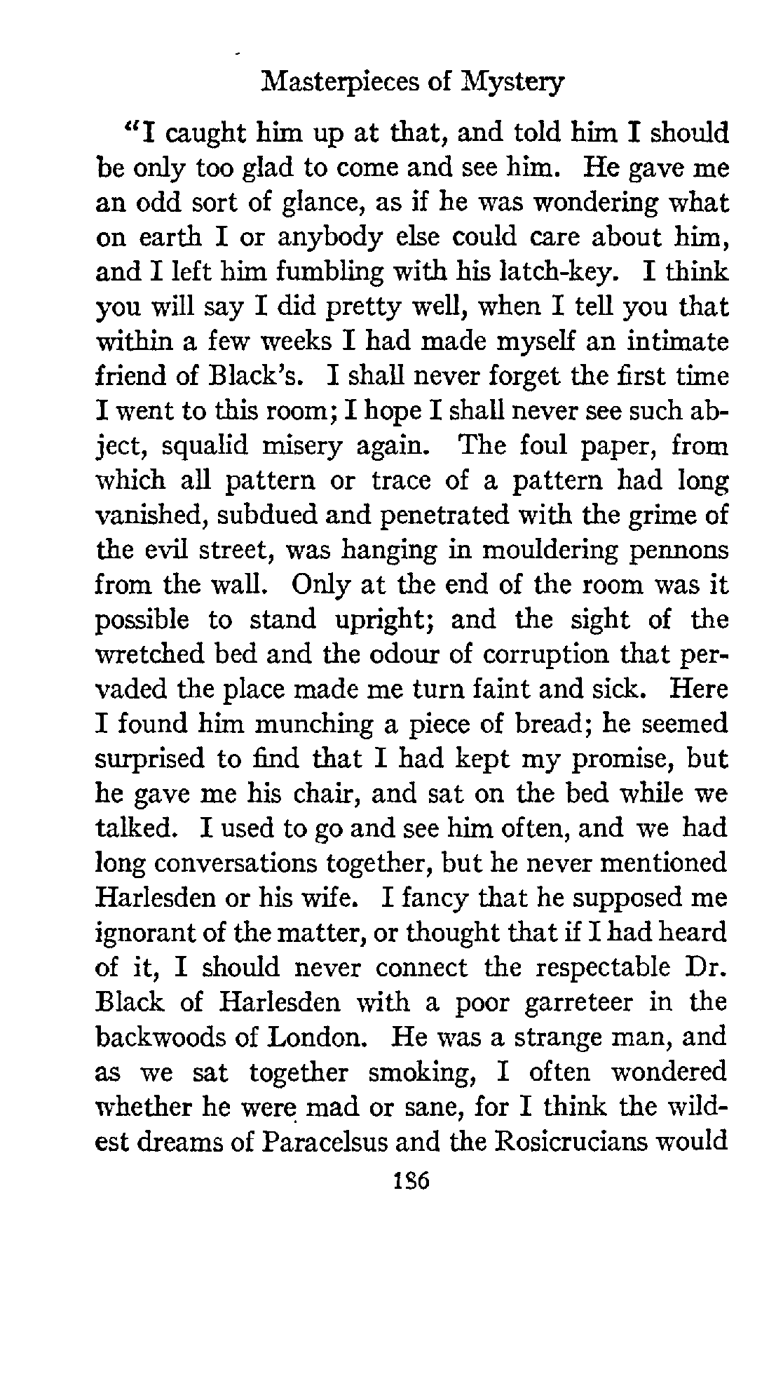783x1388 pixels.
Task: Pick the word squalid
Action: point(207,446)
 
